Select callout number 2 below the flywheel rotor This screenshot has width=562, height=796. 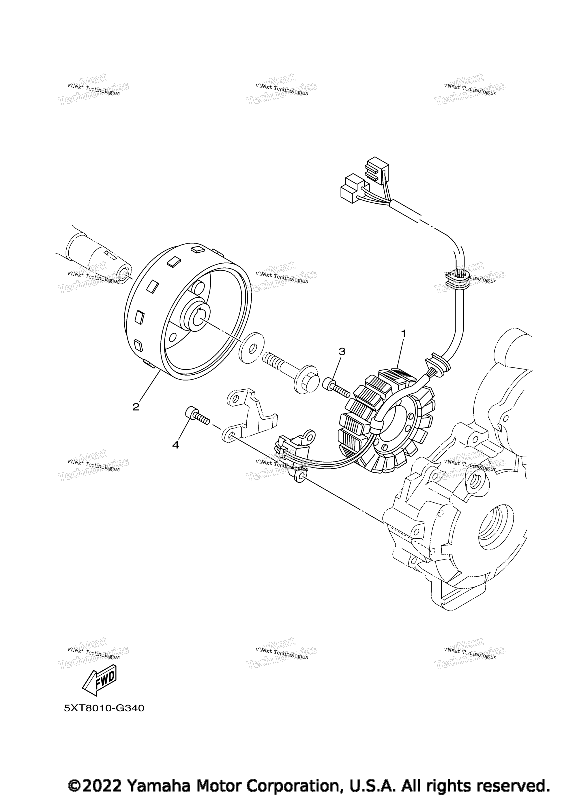pyautogui.click(x=136, y=407)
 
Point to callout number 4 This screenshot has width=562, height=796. pyautogui.click(x=176, y=445)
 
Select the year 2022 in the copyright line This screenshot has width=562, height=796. pyautogui.click(x=104, y=786)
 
